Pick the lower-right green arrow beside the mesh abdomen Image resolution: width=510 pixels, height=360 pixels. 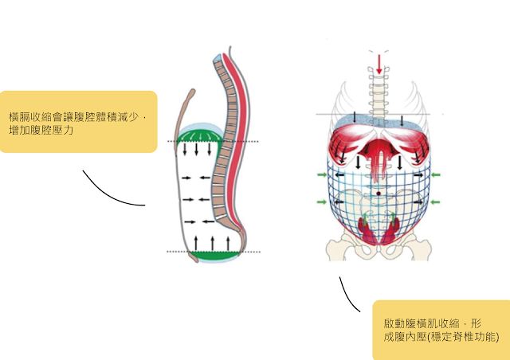point(436,202)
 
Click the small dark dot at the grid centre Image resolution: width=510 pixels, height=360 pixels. point(379,193)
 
